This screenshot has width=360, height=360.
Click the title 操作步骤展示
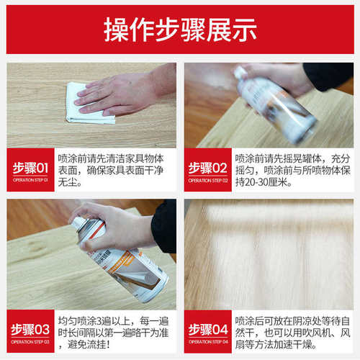point(180,29)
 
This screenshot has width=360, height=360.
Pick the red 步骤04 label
point(207,330)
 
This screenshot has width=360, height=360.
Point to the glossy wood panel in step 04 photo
point(270,252)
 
